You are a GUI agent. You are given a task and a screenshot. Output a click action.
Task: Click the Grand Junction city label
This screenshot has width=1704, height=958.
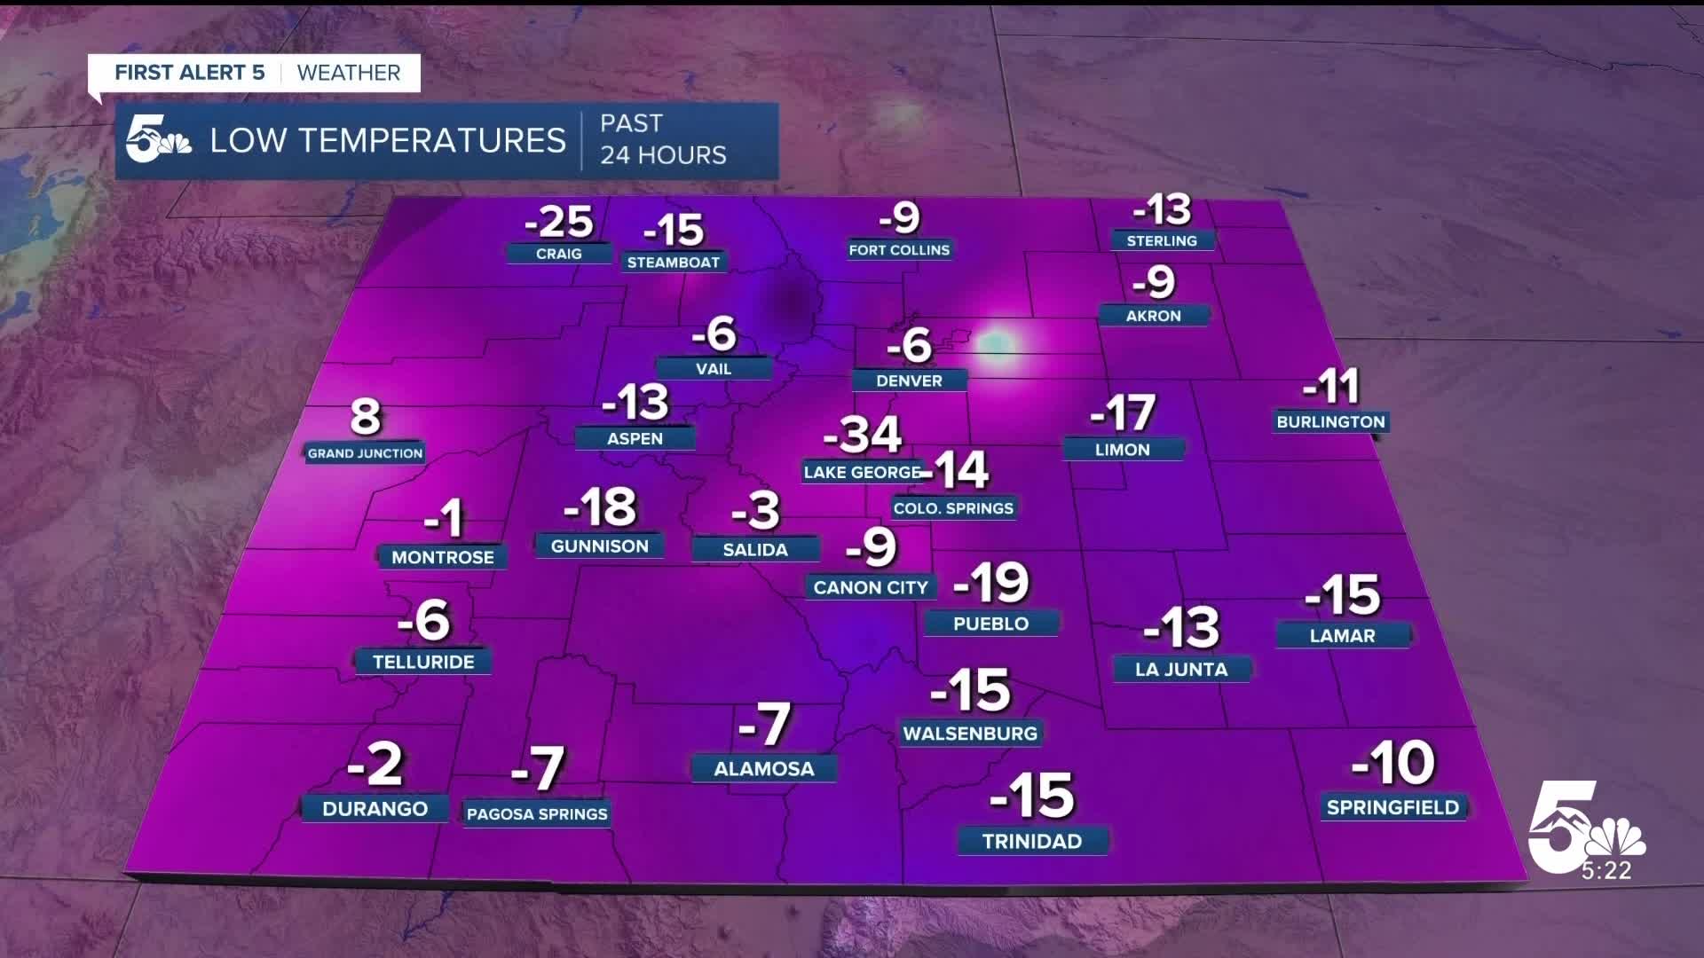click(x=365, y=453)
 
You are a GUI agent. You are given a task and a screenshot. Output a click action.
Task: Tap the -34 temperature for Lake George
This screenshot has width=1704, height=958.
click(x=863, y=435)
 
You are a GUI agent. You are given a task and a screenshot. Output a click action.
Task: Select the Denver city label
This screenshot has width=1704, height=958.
click(x=909, y=381)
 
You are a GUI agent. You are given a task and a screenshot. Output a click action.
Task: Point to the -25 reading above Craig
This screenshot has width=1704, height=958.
click(x=558, y=222)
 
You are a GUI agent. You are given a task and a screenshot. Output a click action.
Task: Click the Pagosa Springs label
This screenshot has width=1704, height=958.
click(x=537, y=814)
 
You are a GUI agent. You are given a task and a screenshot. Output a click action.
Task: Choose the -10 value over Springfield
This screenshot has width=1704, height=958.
click(x=1392, y=763)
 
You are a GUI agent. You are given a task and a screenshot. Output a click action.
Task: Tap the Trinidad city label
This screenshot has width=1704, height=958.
click(x=1032, y=841)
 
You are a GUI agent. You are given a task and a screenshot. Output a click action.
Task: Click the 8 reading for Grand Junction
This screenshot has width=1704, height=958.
click(x=366, y=417)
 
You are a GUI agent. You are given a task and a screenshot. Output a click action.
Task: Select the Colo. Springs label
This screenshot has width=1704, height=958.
click(x=953, y=508)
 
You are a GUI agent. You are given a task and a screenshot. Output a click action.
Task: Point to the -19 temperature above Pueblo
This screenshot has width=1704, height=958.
click(x=991, y=583)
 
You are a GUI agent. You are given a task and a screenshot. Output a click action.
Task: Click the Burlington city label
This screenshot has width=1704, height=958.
click(x=1330, y=422)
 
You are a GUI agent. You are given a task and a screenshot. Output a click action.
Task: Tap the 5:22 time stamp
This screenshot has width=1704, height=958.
click(x=1606, y=871)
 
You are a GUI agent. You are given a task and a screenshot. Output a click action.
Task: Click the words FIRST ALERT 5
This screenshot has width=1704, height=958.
click(x=190, y=73)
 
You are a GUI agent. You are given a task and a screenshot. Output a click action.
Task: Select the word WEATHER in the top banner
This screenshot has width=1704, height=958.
click(x=349, y=73)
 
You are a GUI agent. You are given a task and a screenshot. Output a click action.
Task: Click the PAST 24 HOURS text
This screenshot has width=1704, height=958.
click(x=663, y=139)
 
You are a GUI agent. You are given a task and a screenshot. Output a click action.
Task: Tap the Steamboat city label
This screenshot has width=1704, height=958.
click(x=674, y=263)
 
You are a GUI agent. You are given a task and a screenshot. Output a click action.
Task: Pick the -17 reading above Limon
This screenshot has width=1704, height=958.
click(x=1123, y=413)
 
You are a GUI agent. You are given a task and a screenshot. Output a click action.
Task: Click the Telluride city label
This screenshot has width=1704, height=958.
click(x=423, y=662)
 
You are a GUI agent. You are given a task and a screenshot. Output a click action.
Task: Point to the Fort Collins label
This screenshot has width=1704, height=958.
click(x=899, y=250)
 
